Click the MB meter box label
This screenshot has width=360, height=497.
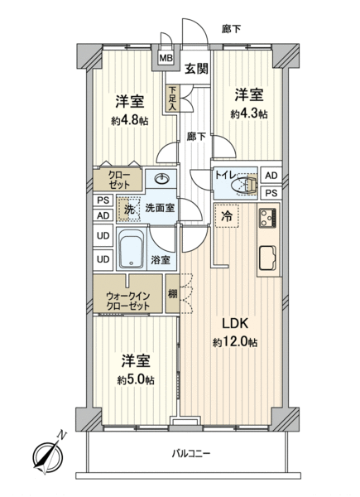166,58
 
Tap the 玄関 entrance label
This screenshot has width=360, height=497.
196,69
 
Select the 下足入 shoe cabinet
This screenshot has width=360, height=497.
172,99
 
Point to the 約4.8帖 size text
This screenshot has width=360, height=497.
129,121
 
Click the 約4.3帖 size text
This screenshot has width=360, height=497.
249,113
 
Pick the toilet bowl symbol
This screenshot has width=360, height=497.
245,184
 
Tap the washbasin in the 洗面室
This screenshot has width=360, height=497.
162,179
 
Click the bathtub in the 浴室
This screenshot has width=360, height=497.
132,248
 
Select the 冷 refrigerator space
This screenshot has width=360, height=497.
227,216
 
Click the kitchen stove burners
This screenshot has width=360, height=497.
268,217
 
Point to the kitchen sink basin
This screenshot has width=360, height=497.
268,258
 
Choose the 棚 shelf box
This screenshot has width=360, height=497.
173,294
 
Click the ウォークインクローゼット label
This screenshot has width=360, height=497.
128,302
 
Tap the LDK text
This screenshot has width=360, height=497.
234,324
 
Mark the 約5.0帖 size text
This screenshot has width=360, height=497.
136,380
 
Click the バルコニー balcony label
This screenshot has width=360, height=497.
191,454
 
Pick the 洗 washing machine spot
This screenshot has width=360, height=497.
129,209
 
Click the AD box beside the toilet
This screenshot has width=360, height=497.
271,176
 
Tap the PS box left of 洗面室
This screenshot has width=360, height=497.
103,200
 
